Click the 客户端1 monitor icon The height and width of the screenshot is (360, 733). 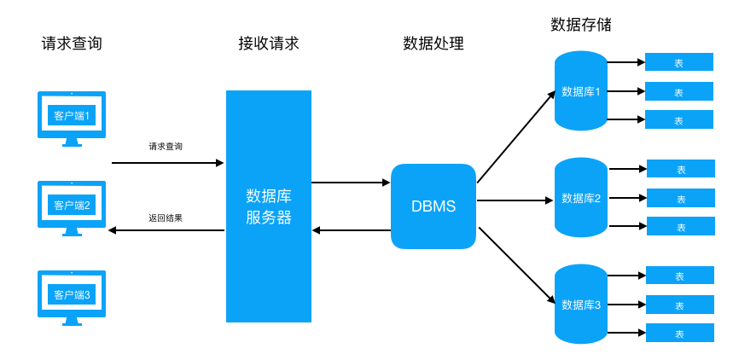pos(72,115)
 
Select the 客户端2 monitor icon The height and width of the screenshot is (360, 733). pos(72,205)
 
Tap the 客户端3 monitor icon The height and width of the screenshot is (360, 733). pos(72,294)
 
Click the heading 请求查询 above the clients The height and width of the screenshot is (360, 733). pos(72,44)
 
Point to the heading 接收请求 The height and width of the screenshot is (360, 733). pos(269,44)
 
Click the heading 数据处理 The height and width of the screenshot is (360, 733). pos(433,44)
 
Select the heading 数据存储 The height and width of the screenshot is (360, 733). pos(581,25)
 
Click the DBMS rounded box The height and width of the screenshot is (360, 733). pos(433,206)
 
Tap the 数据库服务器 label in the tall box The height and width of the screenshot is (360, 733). pos(269,206)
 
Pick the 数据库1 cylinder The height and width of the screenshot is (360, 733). pos(581,91)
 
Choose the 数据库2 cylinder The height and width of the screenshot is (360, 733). pos(581,198)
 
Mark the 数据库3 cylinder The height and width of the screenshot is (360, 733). pos(581,305)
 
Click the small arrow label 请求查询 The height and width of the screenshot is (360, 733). pos(166,147)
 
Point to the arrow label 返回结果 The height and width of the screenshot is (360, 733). pos(166,218)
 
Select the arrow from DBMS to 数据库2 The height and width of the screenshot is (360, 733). pos(515,200)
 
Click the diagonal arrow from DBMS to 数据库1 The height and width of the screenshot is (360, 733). pos(516,137)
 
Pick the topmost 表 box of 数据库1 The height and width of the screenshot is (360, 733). pos(679,62)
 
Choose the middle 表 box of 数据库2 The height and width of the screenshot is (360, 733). pos(681,198)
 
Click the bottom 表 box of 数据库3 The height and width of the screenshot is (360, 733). pos(680,333)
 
